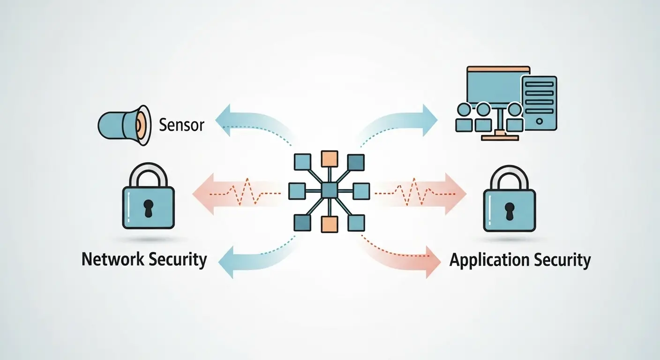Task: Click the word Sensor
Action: [x=182, y=125]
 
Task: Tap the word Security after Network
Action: [x=176, y=259]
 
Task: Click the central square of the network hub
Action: [x=329, y=191]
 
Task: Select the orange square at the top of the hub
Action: [x=329, y=158]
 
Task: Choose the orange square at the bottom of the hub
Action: [x=329, y=224]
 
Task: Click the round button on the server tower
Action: [x=539, y=120]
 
